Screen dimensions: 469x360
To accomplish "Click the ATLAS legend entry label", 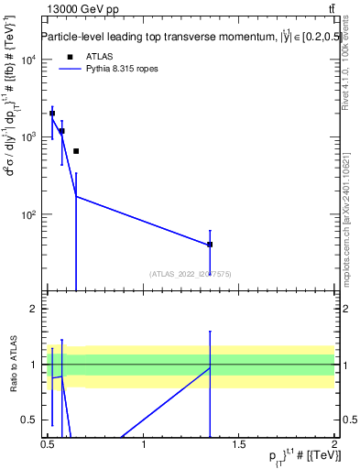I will click(99, 57).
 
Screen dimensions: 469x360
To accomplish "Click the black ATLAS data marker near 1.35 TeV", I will click(210, 245).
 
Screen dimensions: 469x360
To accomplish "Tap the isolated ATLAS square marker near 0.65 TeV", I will click(76, 151).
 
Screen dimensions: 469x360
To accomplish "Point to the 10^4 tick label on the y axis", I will click(27, 60).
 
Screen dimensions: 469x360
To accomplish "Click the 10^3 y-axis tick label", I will click(27, 137).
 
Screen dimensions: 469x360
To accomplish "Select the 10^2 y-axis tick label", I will click(27, 215).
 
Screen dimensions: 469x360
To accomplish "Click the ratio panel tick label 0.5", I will click(29, 420).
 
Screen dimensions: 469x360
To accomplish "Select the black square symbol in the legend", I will click(69, 57).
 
